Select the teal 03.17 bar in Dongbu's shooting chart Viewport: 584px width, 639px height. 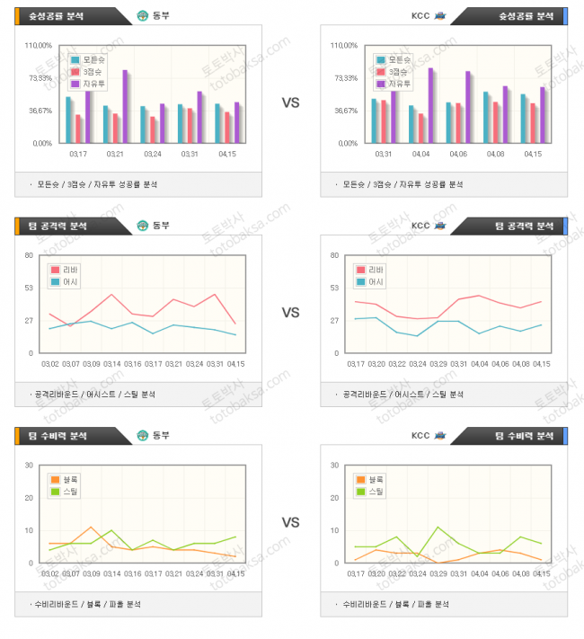69,120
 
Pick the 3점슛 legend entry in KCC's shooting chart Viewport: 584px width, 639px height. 393,72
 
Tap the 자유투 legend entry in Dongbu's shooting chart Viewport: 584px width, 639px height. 87,84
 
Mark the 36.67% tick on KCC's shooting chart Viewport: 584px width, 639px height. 346,111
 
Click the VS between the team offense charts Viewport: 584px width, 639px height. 290,313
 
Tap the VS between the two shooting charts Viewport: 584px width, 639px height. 290,102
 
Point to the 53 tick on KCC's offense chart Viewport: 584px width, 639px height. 334,288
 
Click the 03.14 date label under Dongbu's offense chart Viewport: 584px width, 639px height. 111,364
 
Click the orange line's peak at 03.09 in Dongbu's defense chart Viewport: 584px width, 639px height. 91,528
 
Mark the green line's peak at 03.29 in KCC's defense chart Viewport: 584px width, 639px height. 438,528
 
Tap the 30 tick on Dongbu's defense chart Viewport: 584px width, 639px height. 29,465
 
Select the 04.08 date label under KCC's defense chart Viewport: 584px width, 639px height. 521,573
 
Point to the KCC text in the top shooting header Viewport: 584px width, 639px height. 420,15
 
